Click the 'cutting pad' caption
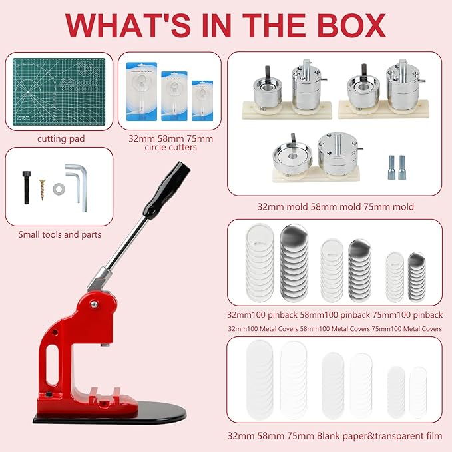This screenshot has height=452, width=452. (x=59, y=138)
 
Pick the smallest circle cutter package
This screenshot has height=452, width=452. (x=202, y=101)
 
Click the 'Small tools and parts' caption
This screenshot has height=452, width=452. (x=59, y=235)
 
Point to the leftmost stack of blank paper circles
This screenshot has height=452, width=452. (x=260, y=379)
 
